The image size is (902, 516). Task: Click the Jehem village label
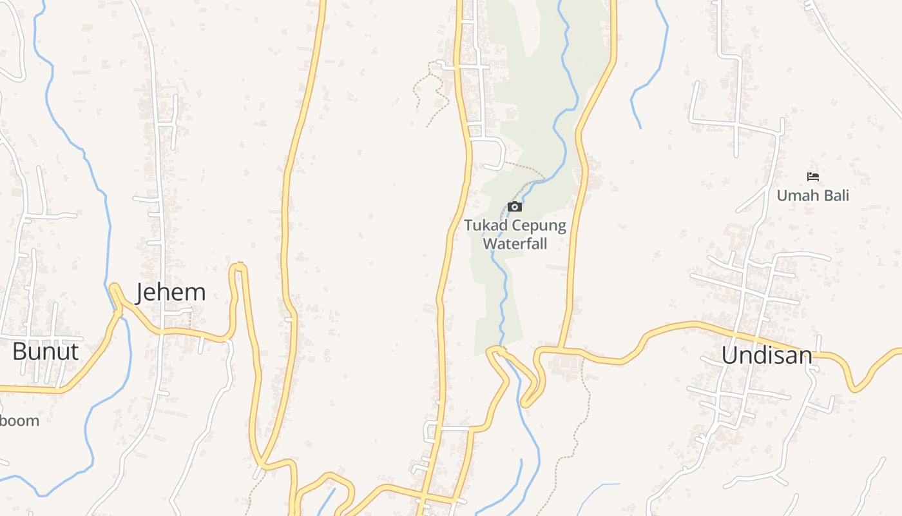pyautogui.click(x=171, y=293)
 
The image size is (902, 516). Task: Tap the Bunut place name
pyautogui.click(x=45, y=352)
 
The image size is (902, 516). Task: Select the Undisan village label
pyautogui.click(x=766, y=355)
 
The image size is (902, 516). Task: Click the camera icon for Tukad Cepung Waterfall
pyautogui.click(x=515, y=207)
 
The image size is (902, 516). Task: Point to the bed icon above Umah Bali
pyautogui.click(x=813, y=177)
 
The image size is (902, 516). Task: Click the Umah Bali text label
pyautogui.click(x=813, y=195)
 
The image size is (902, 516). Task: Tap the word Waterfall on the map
pyautogui.click(x=515, y=244)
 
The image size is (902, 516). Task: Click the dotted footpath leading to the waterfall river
pyautogui.click(x=525, y=167)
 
